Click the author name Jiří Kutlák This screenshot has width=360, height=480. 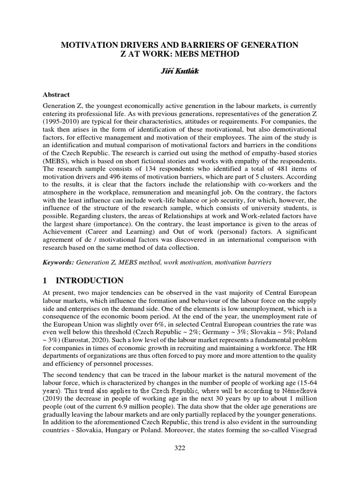coord(180,71)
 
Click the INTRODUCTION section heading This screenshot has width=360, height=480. coord(90,281)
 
